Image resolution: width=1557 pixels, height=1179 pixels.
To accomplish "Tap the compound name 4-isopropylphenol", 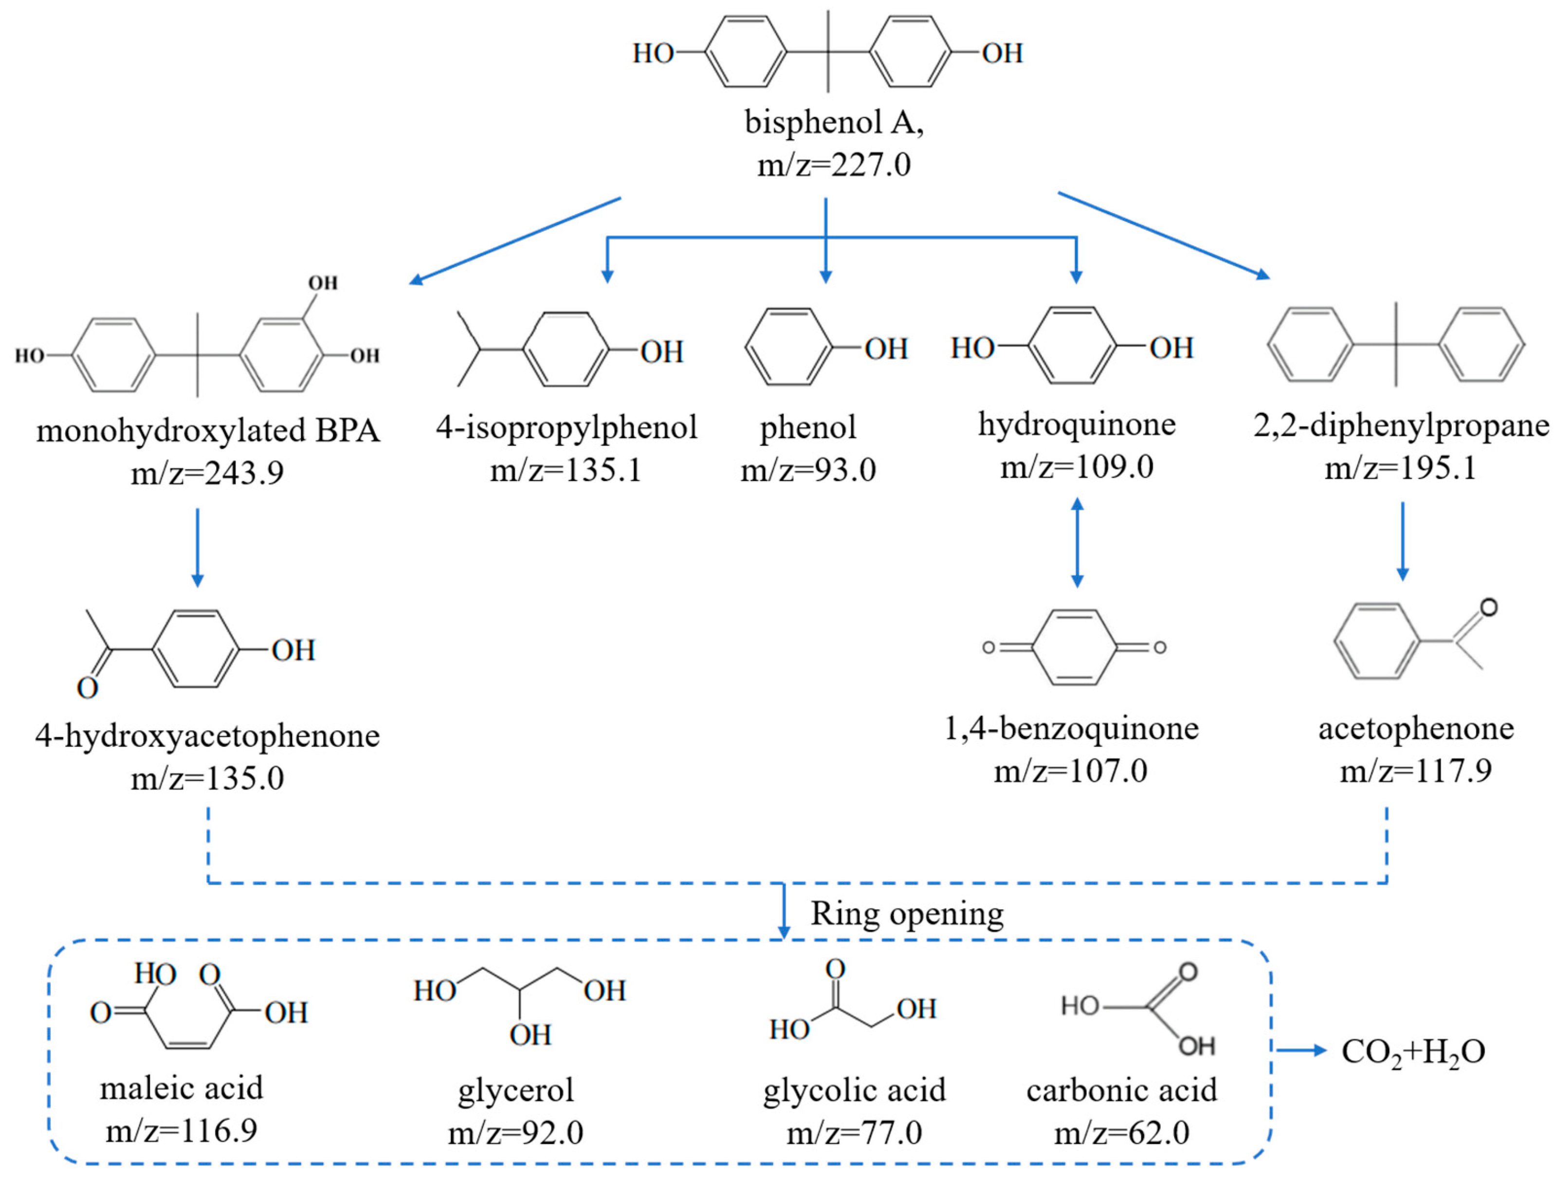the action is pos(567,428).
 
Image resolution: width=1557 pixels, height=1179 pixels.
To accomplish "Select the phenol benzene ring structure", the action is pos(789,346).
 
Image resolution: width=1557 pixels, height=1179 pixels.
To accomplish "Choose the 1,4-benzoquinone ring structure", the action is pos(1074,647).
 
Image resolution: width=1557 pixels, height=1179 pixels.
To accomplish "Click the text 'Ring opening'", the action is pos(907,914).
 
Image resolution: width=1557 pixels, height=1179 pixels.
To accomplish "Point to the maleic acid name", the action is pos(182,1088).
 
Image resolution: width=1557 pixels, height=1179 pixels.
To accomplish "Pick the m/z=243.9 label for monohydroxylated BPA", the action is pos(208,472).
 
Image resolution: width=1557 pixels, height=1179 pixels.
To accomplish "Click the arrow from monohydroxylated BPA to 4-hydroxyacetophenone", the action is pos(198,548).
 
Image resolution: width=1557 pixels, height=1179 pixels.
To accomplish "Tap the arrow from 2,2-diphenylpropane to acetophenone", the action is pos(1402,541).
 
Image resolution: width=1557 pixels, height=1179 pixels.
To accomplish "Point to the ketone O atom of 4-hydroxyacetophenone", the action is pos(87,688).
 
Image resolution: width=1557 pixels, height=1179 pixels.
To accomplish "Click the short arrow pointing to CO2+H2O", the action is pos(1301,1051).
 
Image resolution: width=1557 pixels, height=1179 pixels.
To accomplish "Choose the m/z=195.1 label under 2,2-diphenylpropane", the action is pos(1401,469).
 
